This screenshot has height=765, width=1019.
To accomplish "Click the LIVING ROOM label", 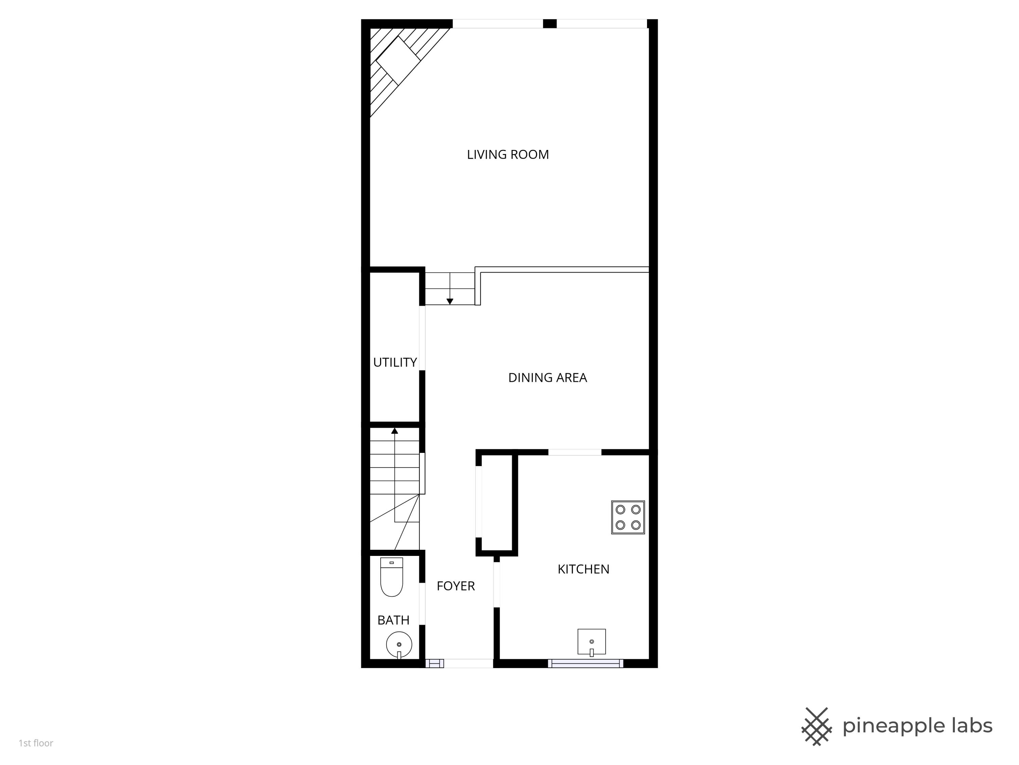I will click(x=508, y=154).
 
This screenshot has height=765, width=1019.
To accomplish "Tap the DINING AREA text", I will click(x=547, y=378).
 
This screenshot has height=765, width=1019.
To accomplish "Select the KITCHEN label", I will click(x=583, y=569).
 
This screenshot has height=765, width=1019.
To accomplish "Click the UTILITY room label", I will click(x=395, y=362).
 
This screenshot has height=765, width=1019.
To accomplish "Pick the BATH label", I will click(x=393, y=620).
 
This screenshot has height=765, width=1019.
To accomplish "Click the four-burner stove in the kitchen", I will click(x=628, y=517).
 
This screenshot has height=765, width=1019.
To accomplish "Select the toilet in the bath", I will click(x=392, y=576).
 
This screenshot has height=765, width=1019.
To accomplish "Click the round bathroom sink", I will click(x=399, y=644).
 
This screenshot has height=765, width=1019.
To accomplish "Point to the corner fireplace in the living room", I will click(x=397, y=60).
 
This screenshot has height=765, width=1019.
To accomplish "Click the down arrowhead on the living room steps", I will click(x=450, y=302).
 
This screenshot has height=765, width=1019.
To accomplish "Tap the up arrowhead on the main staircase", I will click(x=394, y=431).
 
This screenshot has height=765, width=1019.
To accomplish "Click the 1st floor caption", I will click(x=36, y=743).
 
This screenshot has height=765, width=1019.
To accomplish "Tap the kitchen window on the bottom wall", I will click(x=586, y=664).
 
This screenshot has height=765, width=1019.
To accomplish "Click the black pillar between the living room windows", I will click(x=550, y=23).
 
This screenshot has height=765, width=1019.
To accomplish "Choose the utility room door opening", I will click(x=422, y=338).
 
